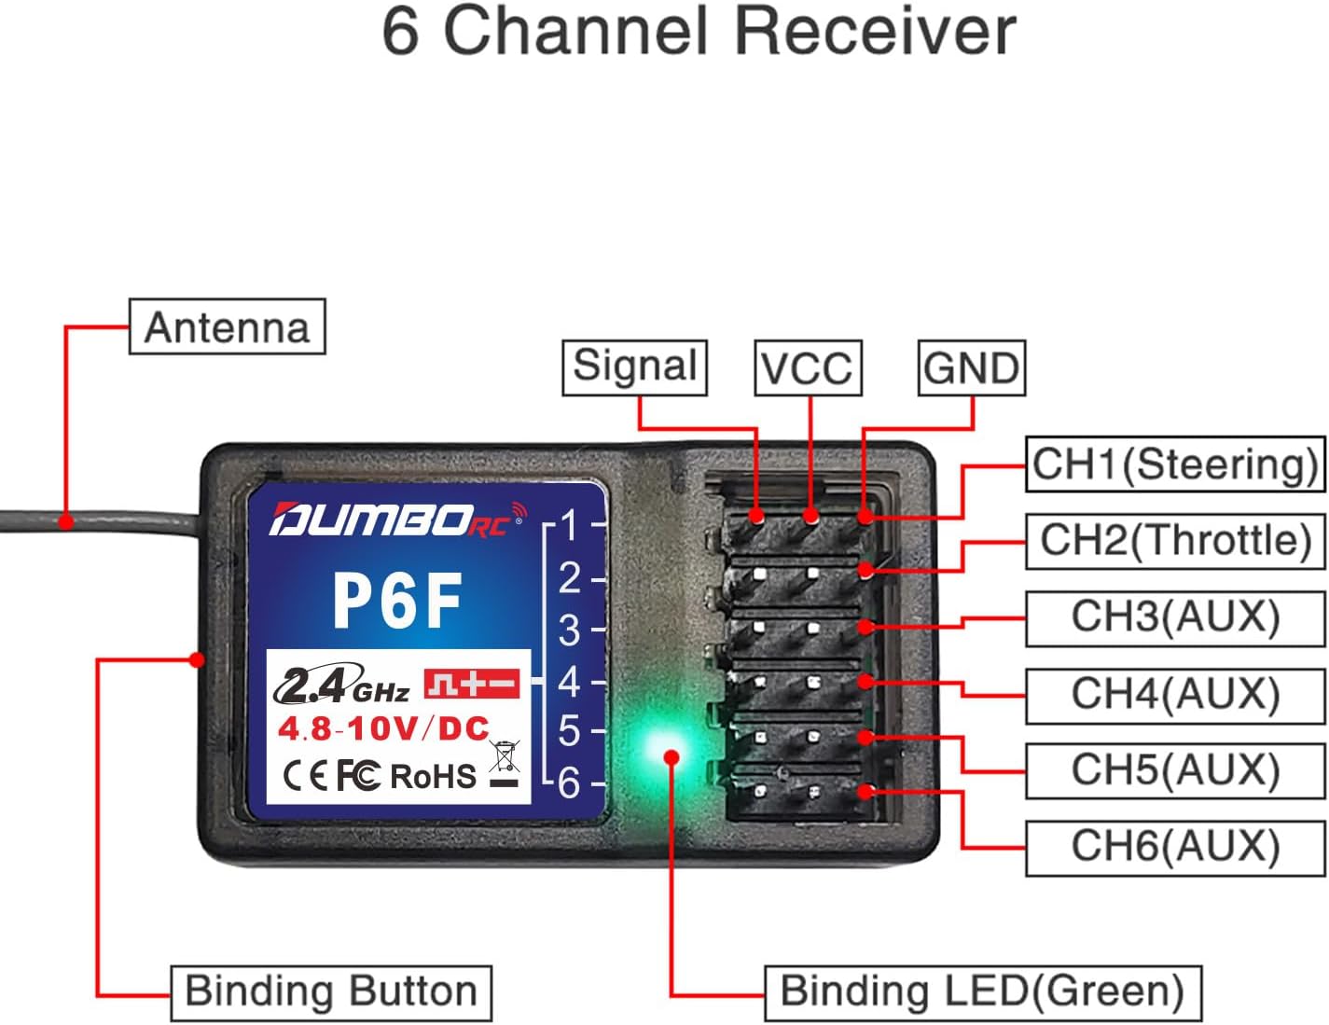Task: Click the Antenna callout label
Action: tap(227, 326)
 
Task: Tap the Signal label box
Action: tap(634, 367)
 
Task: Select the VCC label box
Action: tap(807, 367)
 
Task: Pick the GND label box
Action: tap(971, 367)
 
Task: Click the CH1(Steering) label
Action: tap(1174, 464)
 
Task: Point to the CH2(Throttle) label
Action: tap(1175, 540)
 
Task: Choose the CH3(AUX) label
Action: tap(1174, 616)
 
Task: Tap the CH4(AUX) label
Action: tap(1174, 694)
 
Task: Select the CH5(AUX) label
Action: tap(1174, 770)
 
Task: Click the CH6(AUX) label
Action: tap(1174, 847)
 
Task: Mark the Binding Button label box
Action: tap(330, 991)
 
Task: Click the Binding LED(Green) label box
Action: tap(982, 991)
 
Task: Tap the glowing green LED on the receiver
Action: tap(670, 752)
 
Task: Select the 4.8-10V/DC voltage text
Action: tap(383, 728)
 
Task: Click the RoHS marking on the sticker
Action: tap(433, 776)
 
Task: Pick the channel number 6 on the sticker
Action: tap(569, 783)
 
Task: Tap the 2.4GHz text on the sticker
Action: tap(341, 687)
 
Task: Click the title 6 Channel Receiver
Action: tap(699, 32)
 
